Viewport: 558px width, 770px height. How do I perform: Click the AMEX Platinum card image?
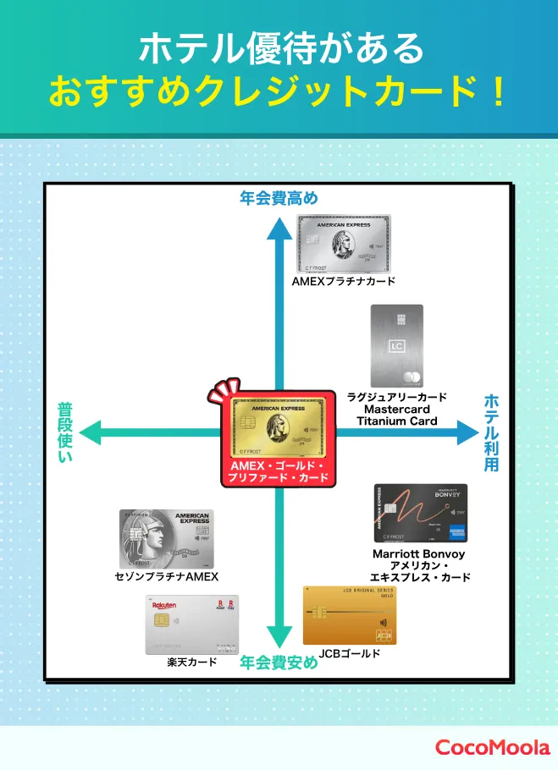click(x=343, y=243)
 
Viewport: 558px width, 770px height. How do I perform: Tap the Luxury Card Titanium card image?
click(x=396, y=346)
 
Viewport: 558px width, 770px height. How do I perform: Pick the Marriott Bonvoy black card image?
click(x=421, y=513)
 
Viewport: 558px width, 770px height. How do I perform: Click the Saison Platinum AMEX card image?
click(x=167, y=539)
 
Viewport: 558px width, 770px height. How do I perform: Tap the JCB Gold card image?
click(x=349, y=616)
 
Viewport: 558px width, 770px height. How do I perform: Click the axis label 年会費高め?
click(x=279, y=199)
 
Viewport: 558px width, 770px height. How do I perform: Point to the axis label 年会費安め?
click(x=279, y=663)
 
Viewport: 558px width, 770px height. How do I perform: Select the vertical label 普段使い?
click(x=65, y=432)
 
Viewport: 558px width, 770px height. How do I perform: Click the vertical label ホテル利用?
click(x=492, y=432)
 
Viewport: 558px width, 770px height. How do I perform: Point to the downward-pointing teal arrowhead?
click(x=279, y=636)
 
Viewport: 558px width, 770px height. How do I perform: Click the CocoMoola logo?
click(x=492, y=747)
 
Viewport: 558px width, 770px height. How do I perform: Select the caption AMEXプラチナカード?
click(x=343, y=281)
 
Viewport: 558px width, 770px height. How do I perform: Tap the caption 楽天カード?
click(x=191, y=663)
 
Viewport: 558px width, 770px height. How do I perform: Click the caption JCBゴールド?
click(x=350, y=654)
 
